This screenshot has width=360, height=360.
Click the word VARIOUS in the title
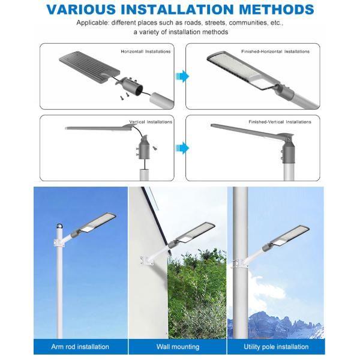coord(81,10)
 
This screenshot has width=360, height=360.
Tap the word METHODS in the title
coord(277,10)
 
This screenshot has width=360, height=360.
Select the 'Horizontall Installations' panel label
coord(146,52)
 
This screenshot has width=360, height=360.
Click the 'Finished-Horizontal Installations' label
coord(275,52)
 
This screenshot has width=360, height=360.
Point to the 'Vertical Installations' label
coord(151,122)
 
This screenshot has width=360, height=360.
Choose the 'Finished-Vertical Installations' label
coord(280,122)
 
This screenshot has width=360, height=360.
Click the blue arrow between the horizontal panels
coord(182,76)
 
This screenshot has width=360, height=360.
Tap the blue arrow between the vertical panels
coord(182,148)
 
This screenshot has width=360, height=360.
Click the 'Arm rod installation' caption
coord(80,346)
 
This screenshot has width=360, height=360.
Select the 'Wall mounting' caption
coord(178,346)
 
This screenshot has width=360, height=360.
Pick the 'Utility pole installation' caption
coord(276,346)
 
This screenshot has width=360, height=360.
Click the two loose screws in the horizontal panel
coord(124,96)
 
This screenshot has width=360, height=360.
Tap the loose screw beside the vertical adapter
coord(155,148)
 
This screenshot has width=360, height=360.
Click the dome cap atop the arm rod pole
coord(59,226)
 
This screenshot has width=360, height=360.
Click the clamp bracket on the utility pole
coord(240,263)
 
